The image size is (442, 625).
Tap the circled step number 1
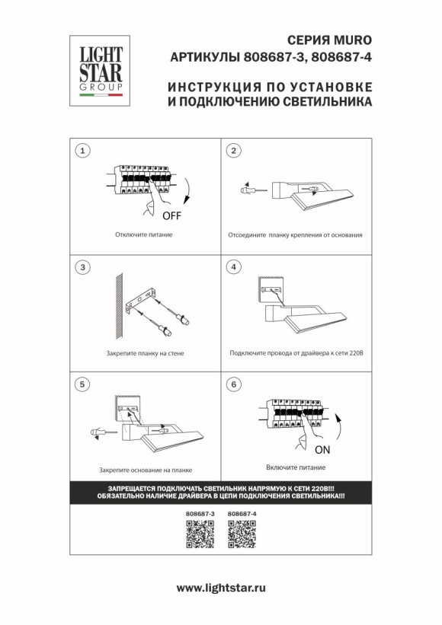[85, 151]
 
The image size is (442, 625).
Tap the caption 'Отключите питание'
[144, 234]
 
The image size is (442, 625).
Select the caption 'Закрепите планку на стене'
[145, 354]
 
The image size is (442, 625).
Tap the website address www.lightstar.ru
[221, 588]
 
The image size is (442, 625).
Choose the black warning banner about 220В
[221, 491]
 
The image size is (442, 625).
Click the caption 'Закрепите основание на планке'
[145, 471]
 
